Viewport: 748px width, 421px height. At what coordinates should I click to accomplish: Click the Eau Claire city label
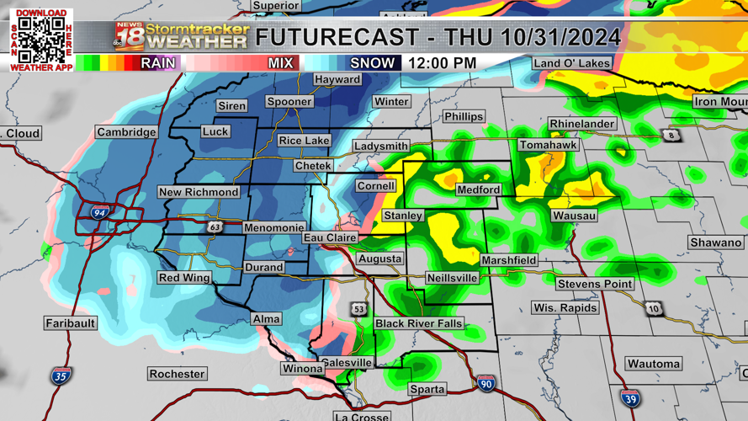(x=330, y=238)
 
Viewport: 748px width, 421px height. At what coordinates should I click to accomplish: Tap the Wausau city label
(x=574, y=216)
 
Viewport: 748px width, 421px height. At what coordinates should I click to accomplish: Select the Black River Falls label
(x=418, y=324)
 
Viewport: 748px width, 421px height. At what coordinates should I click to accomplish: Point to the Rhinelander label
(x=582, y=125)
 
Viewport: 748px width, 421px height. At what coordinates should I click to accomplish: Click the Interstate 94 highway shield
(x=99, y=214)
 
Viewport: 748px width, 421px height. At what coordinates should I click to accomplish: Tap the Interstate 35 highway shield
(x=60, y=376)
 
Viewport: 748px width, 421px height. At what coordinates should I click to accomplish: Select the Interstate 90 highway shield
(x=485, y=383)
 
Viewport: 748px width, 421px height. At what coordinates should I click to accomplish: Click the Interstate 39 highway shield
(x=630, y=397)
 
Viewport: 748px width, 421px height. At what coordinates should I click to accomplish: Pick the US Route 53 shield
(x=359, y=310)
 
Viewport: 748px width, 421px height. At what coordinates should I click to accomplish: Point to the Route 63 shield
(x=216, y=227)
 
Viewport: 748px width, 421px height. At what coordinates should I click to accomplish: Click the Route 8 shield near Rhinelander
(x=671, y=136)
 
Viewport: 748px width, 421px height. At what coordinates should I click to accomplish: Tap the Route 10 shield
(x=654, y=309)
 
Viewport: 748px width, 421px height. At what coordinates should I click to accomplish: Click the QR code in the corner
(x=41, y=39)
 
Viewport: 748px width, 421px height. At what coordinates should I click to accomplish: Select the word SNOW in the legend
(x=373, y=63)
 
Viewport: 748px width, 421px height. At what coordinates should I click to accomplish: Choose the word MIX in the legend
(x=280, y=63)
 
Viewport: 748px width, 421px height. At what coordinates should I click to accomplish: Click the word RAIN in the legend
(x=158, y=63)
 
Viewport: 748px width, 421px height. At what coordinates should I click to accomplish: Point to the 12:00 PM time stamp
(x=442, y=63)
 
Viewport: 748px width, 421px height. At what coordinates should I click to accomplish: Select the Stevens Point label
(x=594, y=284)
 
